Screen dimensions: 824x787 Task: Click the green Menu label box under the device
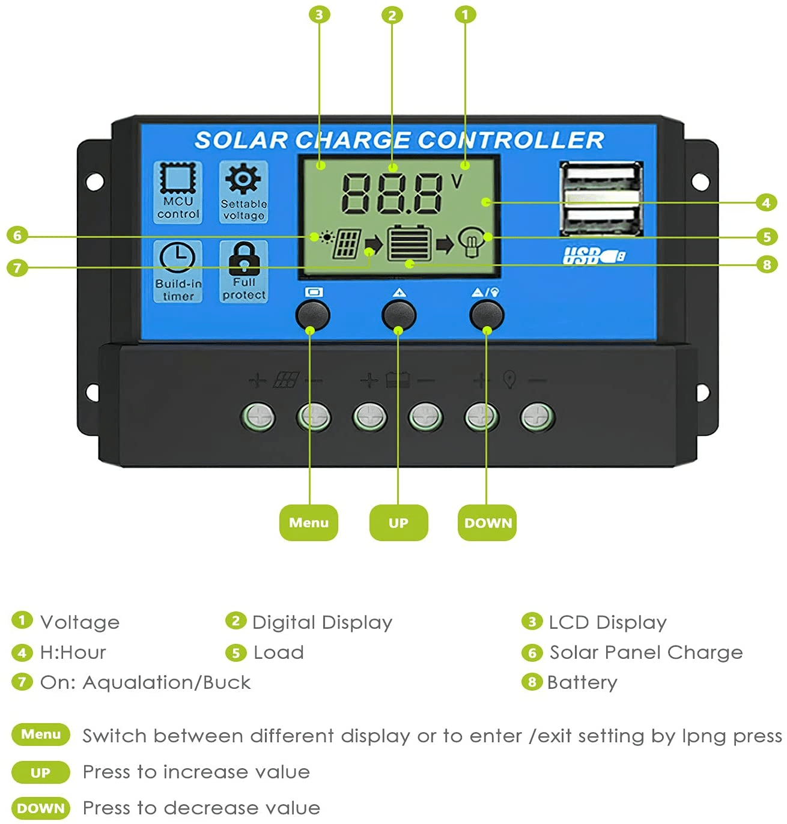[x=309, y=523]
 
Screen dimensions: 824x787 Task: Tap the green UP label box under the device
[x=398, y=523]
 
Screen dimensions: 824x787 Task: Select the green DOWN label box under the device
[x=487, y=523]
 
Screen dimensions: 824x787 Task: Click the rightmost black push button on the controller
[x=486, y=314]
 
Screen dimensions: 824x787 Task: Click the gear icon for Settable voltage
[x=243, y=179]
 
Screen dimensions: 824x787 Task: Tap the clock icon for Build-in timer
[x=177, y=258]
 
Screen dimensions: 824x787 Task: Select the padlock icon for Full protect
[x=244, y=258]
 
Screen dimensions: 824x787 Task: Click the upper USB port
[x=601, y=181]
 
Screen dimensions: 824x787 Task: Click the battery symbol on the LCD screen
[x=409, y=242]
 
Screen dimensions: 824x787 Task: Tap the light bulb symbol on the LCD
[x=471, y=243]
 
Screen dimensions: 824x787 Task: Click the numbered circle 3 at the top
[x=319, y=14]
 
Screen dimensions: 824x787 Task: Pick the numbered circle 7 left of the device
[x=17, y=267]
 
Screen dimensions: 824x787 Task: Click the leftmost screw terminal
[x=258, y=417]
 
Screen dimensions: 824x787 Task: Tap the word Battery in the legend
[x=582, y=682]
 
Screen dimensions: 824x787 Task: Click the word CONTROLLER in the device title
[x=511, y=140]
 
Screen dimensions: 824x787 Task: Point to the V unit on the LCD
[x=457, y=181]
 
